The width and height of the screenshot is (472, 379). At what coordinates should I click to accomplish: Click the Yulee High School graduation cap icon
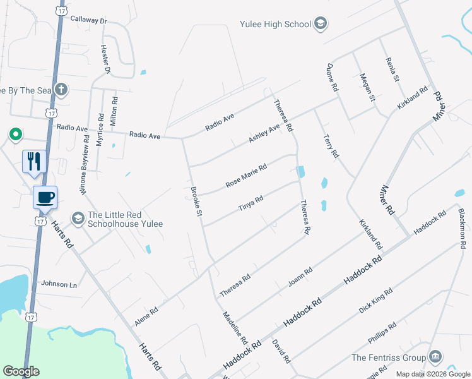tap(321, 24)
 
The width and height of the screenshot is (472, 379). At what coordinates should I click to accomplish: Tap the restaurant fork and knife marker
tap(33, 161)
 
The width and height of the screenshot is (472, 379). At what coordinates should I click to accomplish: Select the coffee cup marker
tap(45, 197)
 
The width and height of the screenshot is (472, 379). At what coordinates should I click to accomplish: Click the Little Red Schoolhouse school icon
tap(78, 218)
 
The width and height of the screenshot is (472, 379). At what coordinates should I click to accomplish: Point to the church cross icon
tap(61, 90)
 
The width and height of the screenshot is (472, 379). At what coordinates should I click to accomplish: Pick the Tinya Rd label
tap(250, 203)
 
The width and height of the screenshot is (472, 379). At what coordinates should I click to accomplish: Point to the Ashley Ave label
tap(264, 133)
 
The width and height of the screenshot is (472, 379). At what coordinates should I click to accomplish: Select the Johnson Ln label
tap(59, 284)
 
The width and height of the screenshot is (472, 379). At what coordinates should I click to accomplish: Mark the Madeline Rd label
tap(235, 327)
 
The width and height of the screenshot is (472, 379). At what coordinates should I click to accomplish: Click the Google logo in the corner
tap(21, 371)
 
